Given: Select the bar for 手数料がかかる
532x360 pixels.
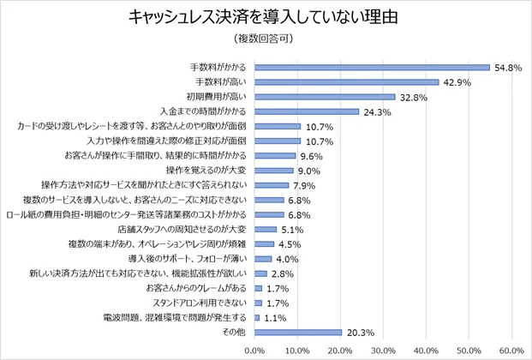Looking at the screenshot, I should click(x=372, y=67).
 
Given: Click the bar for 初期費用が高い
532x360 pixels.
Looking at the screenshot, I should click(x=325, y=97).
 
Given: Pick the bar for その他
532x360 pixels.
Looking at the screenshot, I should click(x=298, y=332).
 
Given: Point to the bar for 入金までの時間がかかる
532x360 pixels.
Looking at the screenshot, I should click(x=307, y=111).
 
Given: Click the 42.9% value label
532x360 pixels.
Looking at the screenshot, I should click(x=457, y=82).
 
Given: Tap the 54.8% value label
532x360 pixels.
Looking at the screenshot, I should click(x=507, y=68).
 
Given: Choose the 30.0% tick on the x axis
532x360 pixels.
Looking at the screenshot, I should click(x=383, y=350).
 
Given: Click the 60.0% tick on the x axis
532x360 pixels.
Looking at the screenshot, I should click(x=511, y=350).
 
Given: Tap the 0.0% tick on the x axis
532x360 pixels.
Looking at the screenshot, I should click(x=255, y=350).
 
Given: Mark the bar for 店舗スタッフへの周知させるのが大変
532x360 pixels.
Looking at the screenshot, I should click(x=266, y=229).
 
